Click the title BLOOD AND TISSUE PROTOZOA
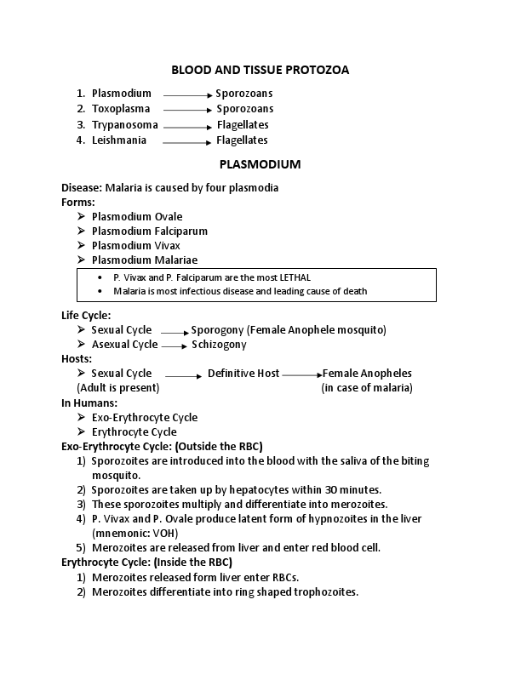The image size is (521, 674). click(260, 70)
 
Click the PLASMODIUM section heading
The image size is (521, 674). click(260, 163)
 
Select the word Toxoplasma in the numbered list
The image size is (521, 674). click(121, 109)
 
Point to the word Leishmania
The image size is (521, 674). click(119, 140)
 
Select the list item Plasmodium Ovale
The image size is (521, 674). click(137, 216)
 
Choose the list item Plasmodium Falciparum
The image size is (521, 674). click(149, 231)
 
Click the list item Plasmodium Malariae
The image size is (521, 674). click(145, 260)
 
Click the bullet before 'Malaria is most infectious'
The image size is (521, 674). click(102, 291)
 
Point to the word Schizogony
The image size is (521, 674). click(219, 345)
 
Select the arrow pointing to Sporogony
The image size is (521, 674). click(174, 332)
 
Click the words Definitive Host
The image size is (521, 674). click(243, 374)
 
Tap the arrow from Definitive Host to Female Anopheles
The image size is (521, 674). click(301, 374)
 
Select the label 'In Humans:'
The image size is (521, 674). click(89, 403)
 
